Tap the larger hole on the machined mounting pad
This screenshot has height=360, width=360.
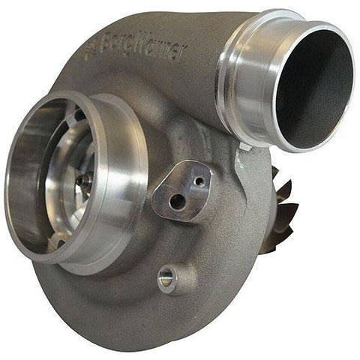coord(176,201)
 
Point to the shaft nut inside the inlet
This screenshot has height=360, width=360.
coord(84,180)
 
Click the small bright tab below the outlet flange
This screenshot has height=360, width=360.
coord(242,153)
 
